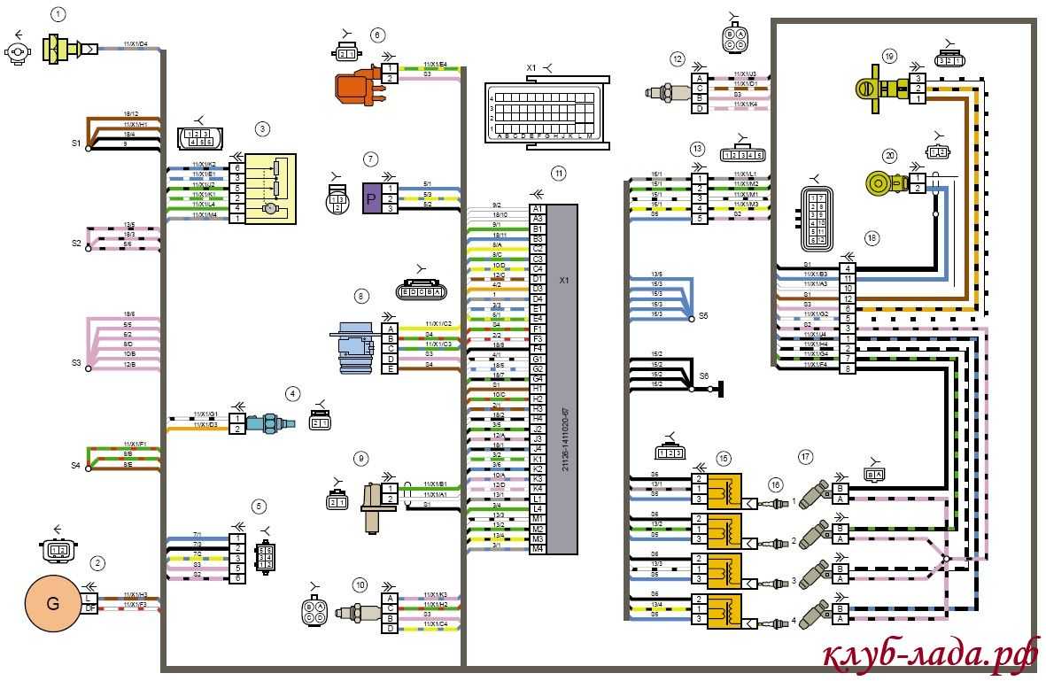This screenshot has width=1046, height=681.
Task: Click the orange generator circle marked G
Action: point(53,605)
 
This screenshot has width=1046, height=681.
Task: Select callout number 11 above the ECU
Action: point(557,173)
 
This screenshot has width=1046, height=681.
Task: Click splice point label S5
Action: point(703,315)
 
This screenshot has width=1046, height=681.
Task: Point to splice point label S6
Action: point(704,375)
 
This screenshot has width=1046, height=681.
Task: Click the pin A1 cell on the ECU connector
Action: point(537,209)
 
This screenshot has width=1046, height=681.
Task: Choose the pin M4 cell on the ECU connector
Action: point(537,549)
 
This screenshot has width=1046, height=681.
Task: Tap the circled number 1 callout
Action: point(58,14)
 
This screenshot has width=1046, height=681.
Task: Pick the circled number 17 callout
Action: point(805,457)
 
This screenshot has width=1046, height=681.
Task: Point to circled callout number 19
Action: point(889,56)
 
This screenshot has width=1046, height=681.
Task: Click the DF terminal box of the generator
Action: point(91,608)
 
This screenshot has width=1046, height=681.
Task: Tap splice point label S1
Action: point(76,143)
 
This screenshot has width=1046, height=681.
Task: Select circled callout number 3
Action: point(262,128)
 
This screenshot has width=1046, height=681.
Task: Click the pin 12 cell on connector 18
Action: point(848,298)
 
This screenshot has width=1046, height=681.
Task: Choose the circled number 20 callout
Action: point(891,155)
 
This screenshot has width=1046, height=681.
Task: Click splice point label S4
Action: point(76,463)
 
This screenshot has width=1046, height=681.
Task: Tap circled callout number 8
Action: point(360,296)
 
